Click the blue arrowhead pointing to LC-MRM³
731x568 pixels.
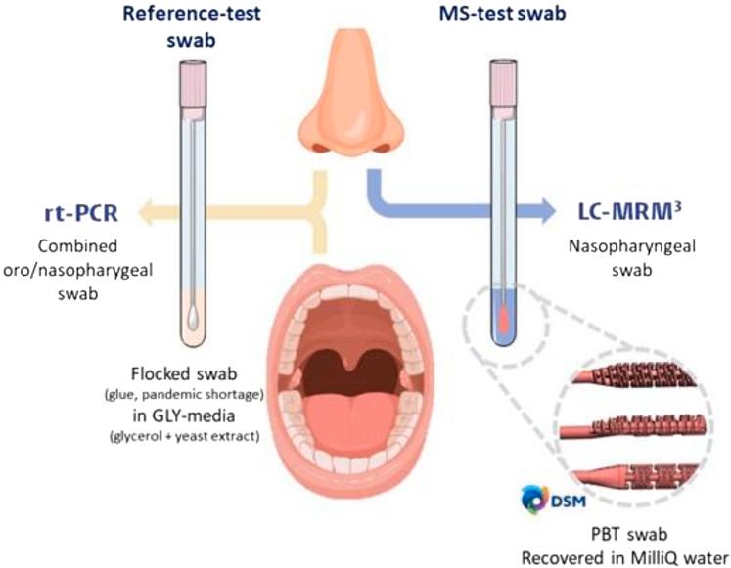(555, 209)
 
